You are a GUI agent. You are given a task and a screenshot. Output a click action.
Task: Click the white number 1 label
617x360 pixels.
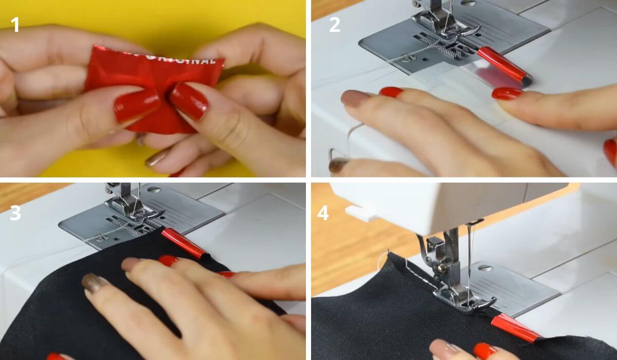(x=15, y=24)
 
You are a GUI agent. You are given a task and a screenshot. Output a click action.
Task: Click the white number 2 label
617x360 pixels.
(x=335, y=24)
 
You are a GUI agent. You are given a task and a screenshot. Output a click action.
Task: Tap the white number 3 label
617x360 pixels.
(x=15, y=212)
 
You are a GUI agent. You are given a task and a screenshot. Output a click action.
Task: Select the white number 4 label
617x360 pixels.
(x=323, y=212)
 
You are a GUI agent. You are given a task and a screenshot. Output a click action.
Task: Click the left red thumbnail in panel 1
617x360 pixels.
(x=137, y=105)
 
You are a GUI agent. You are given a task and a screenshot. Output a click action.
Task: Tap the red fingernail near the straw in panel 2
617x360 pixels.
(x=506, y=93)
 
